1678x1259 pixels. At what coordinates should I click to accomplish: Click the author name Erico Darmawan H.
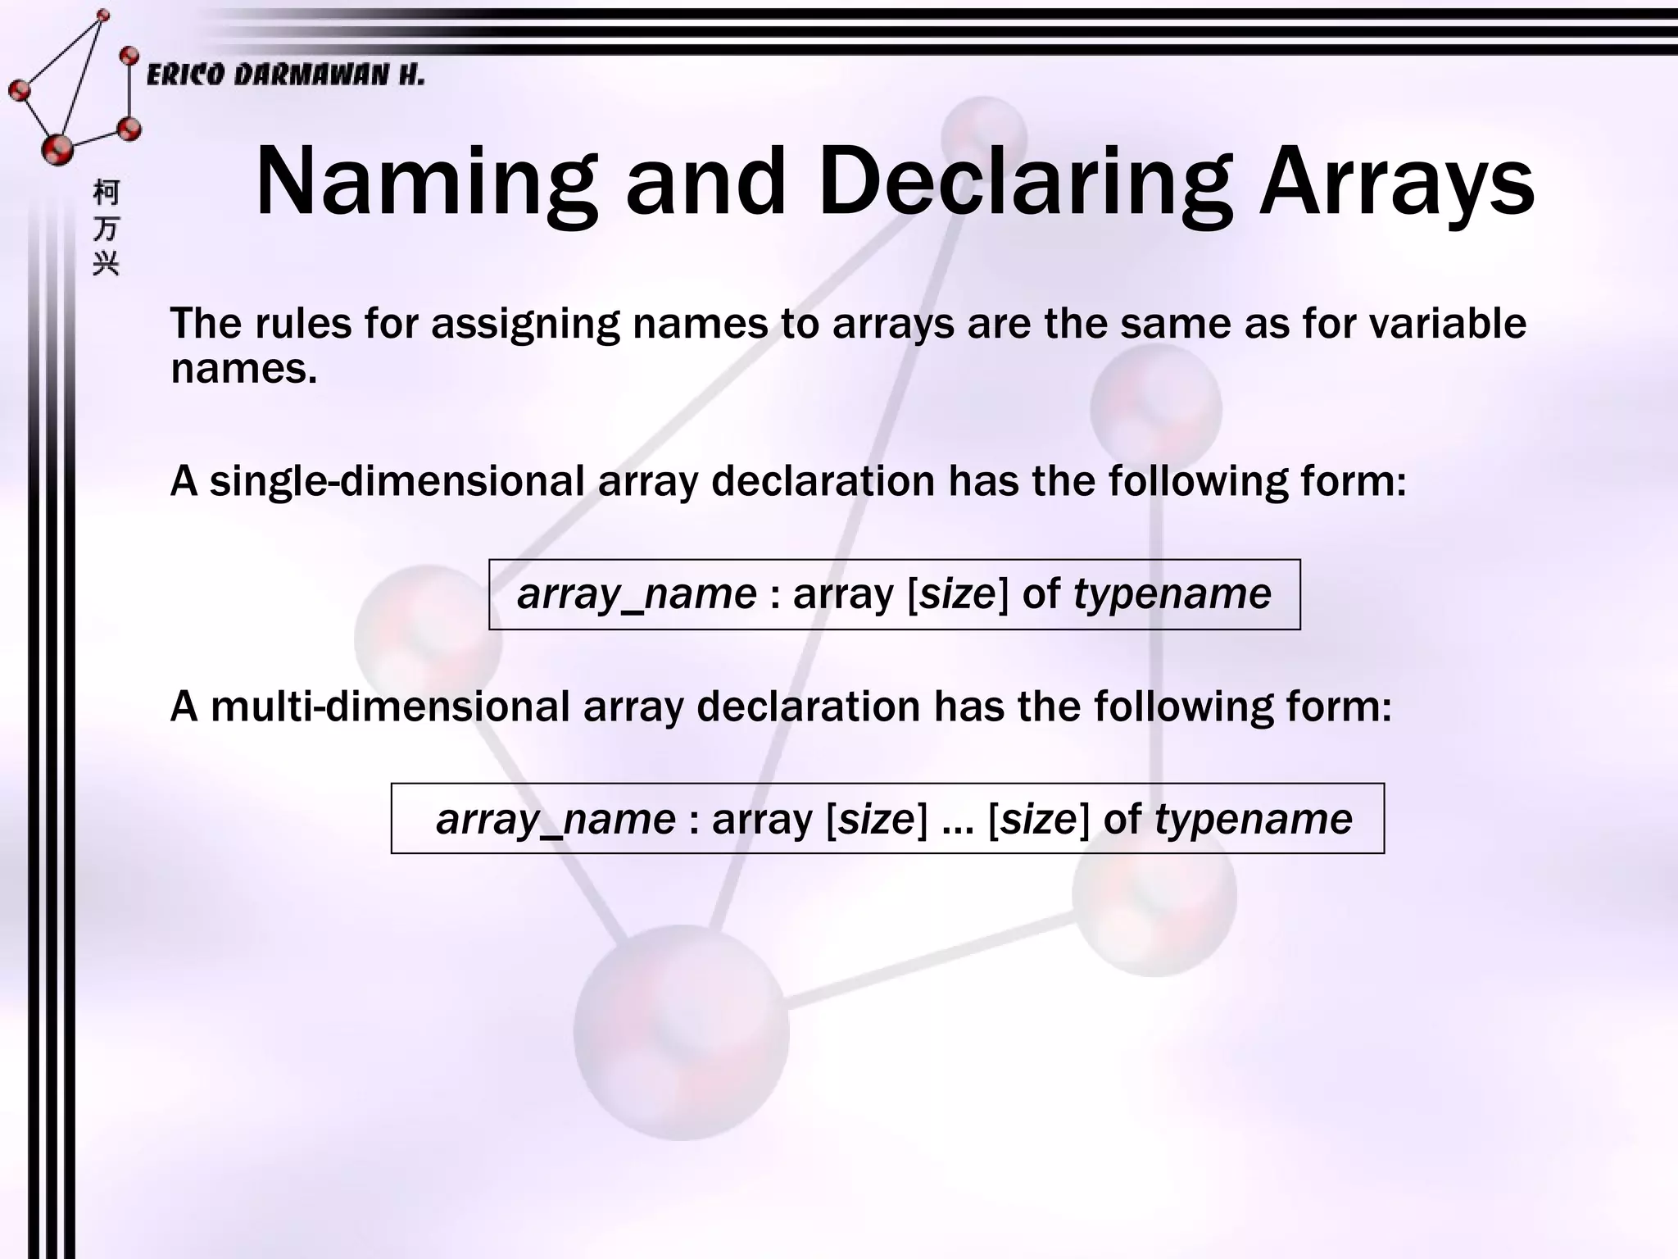[285, 75]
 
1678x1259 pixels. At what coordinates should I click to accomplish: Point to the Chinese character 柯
[106, 193]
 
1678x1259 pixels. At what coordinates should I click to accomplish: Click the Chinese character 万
[106, 229]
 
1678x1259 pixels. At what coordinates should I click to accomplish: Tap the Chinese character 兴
[106, 264]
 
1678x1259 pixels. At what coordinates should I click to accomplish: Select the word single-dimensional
[397, 480]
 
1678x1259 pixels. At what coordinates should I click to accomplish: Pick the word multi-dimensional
[390, 706]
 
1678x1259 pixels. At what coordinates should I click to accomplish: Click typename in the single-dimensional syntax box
[1172, 593]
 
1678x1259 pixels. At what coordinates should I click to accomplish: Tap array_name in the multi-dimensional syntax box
[556, 819]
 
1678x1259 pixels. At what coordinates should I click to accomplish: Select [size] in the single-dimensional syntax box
[958, 593]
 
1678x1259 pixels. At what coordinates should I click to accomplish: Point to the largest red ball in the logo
[57, 148]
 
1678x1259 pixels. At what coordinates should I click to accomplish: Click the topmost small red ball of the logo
[103, 15]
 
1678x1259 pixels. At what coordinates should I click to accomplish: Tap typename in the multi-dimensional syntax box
[1253, 819]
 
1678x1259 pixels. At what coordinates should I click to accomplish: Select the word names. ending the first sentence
[243, 368]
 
